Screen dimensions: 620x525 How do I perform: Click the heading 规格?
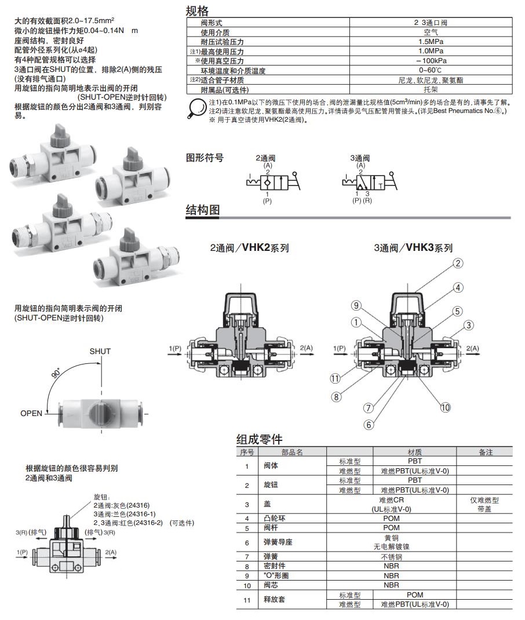[197, 10]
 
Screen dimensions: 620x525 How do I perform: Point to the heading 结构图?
[202, 210]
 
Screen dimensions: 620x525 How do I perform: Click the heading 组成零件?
[259, 439]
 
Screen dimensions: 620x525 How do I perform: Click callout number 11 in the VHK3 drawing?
[334, 379]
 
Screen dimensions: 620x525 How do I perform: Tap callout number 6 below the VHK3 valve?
[368, 424]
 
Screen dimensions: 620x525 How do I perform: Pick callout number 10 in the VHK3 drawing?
[444, 407]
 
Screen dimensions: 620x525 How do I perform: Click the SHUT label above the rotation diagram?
[100, 351]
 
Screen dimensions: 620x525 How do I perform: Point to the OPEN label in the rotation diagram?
[31, 413]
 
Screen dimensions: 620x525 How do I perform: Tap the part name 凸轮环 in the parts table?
[275, 518]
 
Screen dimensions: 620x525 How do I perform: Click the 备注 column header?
[484, 452]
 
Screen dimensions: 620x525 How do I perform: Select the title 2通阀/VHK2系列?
[249, 248]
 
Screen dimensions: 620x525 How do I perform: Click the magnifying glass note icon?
[197, 110]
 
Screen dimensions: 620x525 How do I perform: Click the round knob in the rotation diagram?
[97, 413]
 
